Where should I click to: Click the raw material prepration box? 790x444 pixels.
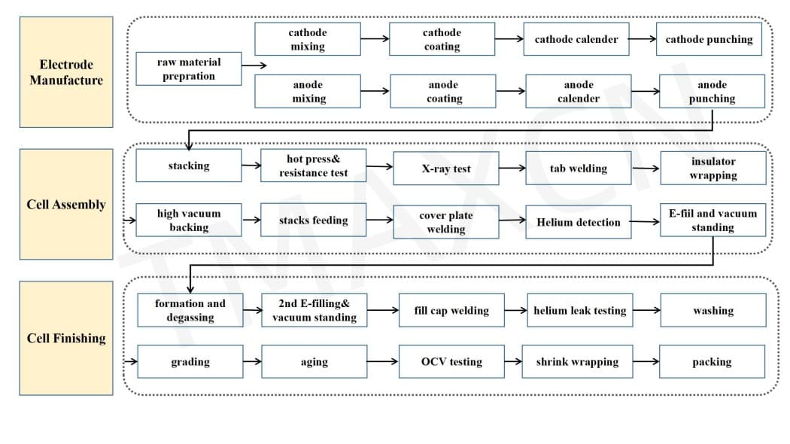tap(189, 68)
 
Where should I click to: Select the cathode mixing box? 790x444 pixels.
tap(308, 39)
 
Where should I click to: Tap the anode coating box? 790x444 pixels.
tap(443, 91)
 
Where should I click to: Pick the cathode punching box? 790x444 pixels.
tap(709, 39)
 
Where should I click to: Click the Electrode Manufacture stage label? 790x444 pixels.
tap(66, 72)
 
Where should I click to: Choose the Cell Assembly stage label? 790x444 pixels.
tap(66, 204)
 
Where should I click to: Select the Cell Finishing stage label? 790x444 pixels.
tap(66, 338)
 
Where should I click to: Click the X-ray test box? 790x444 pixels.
tap(446, 169)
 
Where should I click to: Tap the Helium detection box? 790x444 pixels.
tap(579, 222)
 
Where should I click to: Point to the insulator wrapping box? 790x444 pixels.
tap(713, 168)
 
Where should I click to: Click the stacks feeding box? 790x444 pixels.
tap(314, 220)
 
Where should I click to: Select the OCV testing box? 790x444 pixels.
tap(452, 361)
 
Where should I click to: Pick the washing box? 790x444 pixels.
tap(713, 310)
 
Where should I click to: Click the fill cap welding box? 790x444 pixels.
tap(452, 310)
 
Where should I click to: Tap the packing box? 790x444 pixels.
tap(712, 361)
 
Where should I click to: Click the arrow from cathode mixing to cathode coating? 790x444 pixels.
tap(375, 39)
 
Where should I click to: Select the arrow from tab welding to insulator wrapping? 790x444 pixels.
tap(646, 169)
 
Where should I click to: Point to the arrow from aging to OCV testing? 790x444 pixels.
tap(383, 361)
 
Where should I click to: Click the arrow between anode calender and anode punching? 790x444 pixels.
tap(646, 91)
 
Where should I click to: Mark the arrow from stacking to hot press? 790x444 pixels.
tap(251, 166)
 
